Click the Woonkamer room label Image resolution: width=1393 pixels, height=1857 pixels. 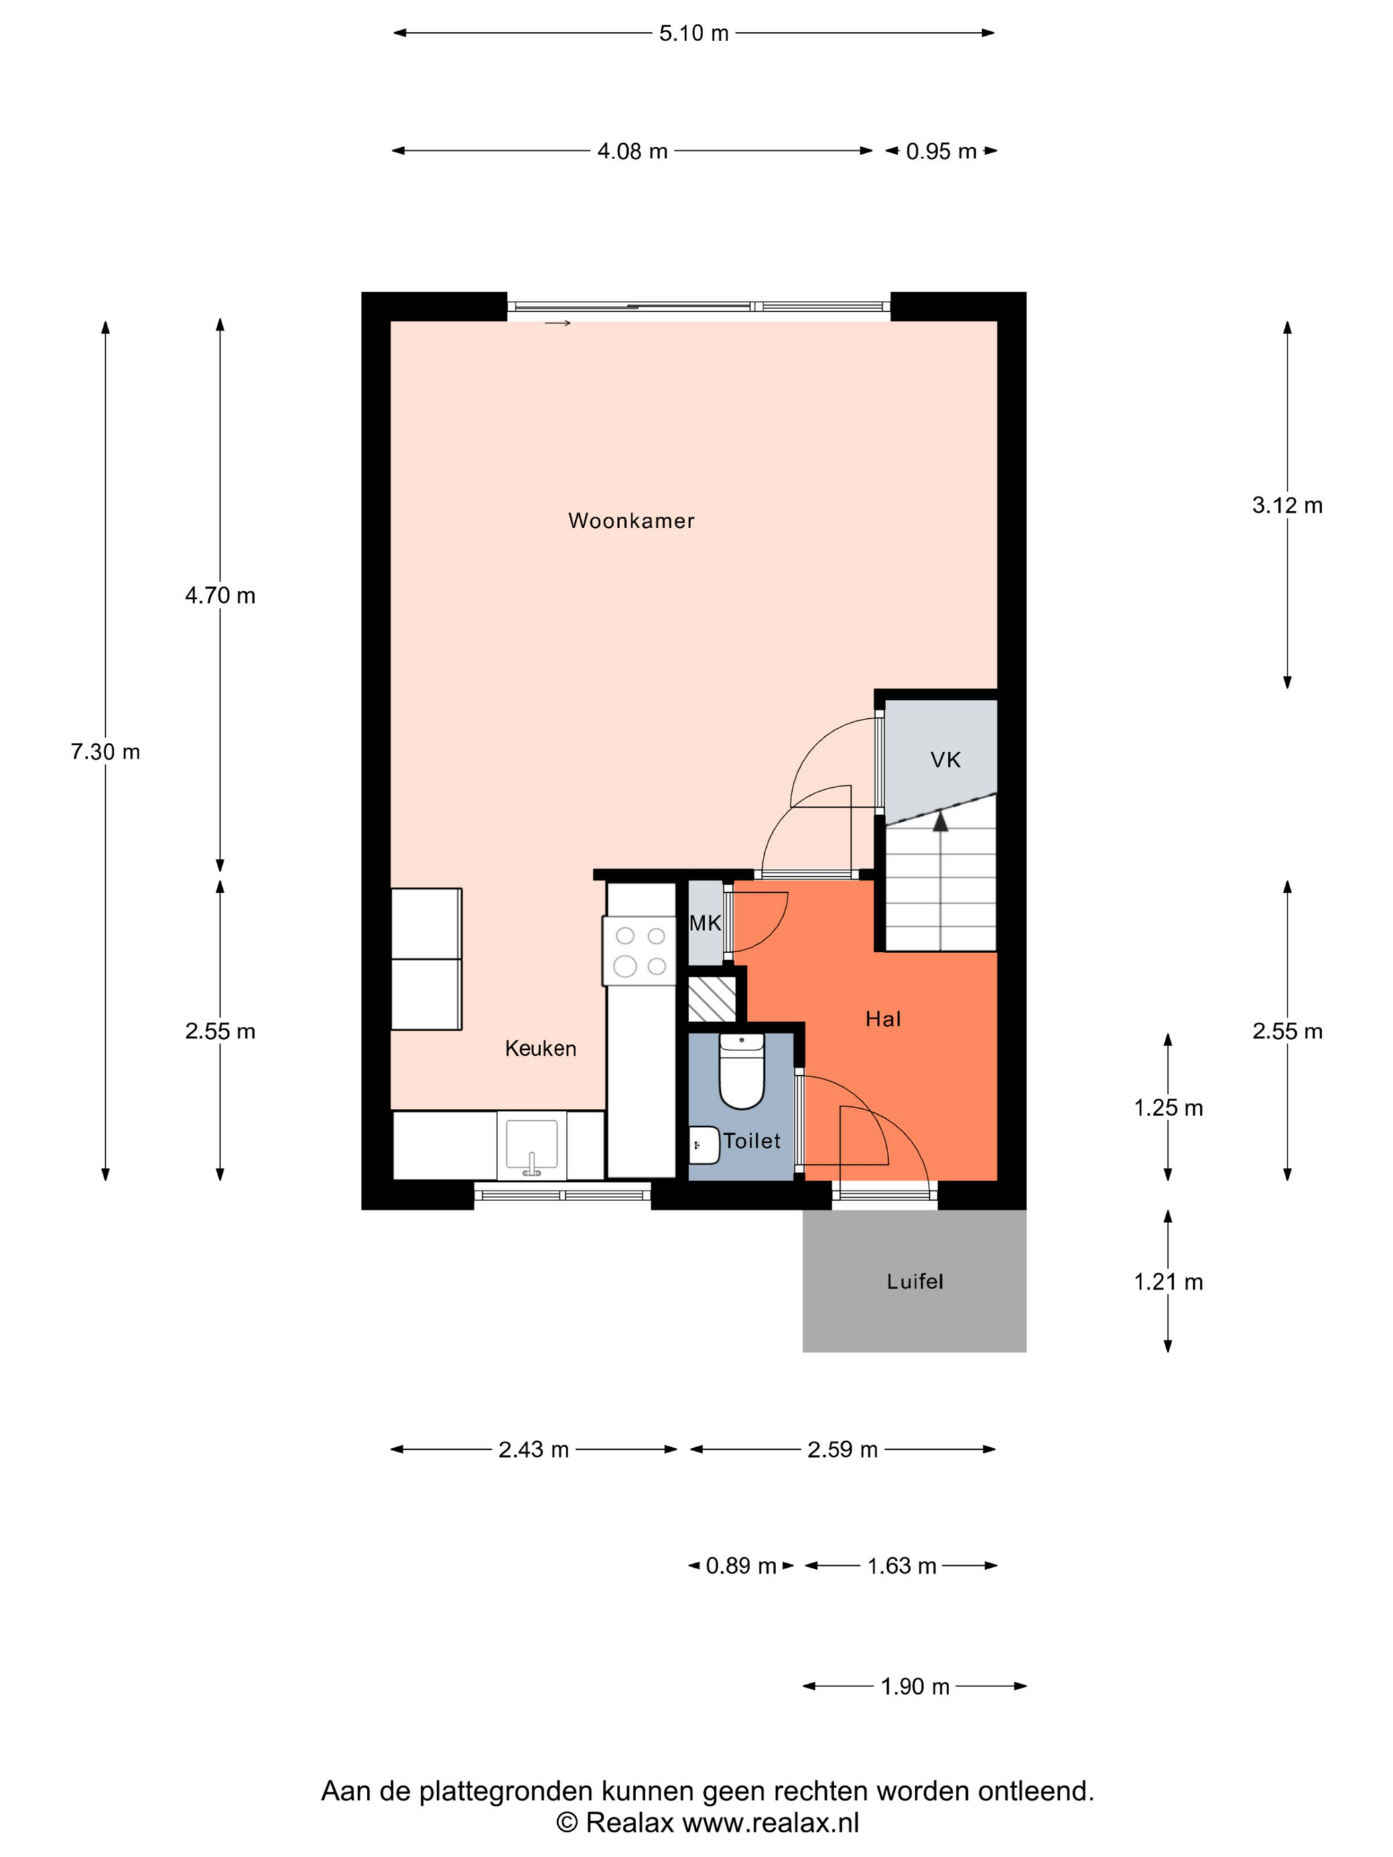[x=631, y=521]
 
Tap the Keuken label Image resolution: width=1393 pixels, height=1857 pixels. [x=540, y=1048]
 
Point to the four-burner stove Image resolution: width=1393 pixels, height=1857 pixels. [x=639, y=950]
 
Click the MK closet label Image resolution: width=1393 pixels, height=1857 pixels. [x=704, y=923]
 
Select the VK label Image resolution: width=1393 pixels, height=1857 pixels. [x=945, y=760]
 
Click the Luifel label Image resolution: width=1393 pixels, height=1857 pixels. [x=914, y=1281]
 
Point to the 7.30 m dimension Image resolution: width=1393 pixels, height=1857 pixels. [x=105, y=751]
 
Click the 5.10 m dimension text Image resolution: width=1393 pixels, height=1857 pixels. [x=694, y=34]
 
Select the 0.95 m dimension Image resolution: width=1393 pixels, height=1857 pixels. [x=941, y=151]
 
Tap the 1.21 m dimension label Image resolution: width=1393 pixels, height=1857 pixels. [x=1168, y=1282]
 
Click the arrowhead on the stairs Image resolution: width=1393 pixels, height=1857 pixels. [x=941, y=821]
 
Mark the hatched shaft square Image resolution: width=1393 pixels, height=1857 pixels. [x=712, y=999]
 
